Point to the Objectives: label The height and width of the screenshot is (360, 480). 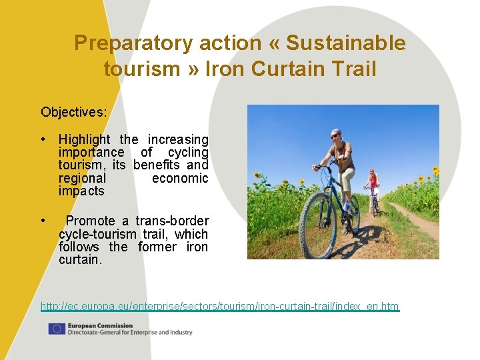(x=73, y=112)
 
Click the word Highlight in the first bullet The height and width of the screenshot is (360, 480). (x=85, y=140)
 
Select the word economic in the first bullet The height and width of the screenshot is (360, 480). (x=180, y=179)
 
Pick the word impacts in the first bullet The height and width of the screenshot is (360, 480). (x=81, y=191)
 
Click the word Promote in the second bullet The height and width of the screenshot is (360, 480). (x=91, y=221)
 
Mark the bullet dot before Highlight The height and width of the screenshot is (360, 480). (x=42, y=140)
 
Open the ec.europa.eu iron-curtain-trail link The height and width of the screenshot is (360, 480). (x=220, y=307)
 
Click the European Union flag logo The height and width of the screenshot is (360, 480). (x=57, y=329)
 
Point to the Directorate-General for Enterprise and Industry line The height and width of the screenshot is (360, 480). (x=129, y=332)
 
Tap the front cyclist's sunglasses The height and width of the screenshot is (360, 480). (x=335, y=136)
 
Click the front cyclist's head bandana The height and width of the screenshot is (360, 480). (x=336, y=132)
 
